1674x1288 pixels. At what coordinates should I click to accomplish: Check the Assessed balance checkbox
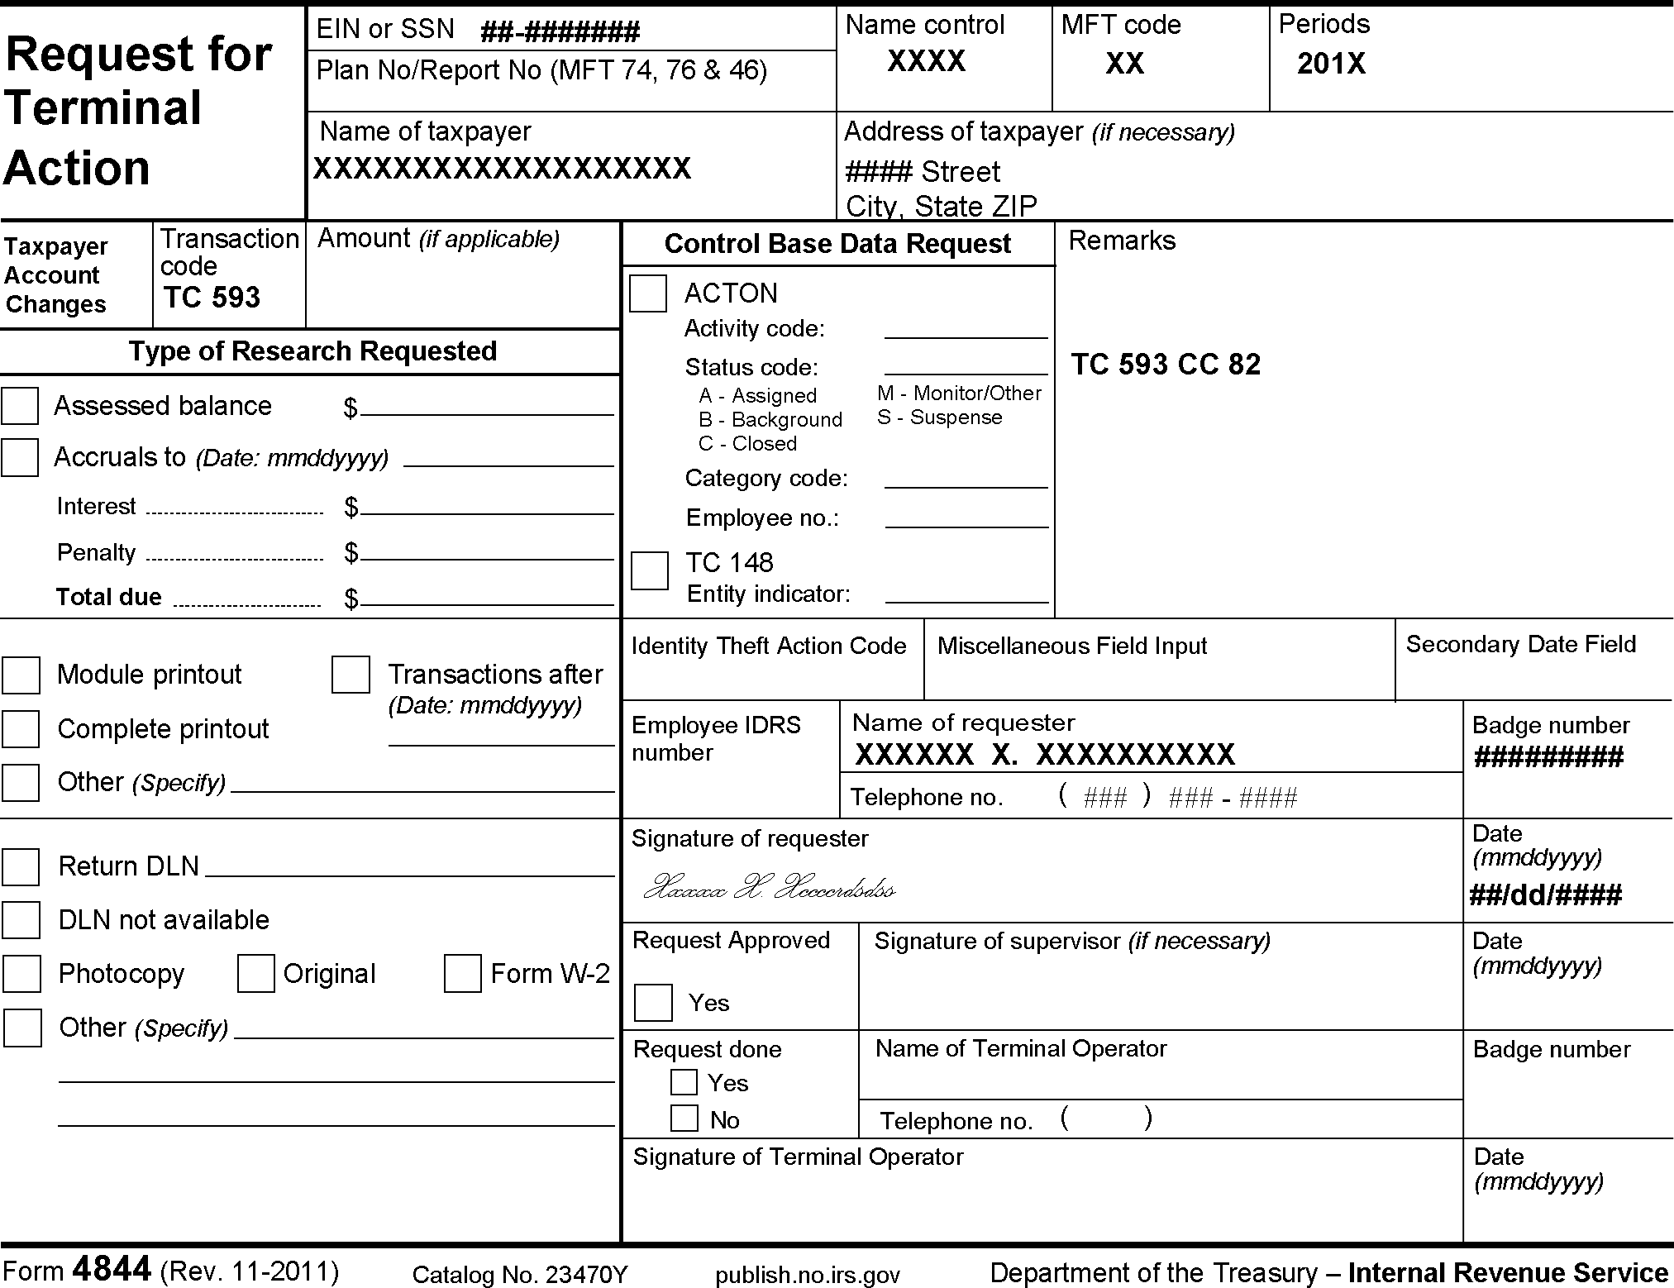point(20,406)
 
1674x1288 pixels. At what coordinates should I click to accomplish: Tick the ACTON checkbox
point(647,293)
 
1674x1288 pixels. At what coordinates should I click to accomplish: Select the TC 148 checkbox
point(649,570)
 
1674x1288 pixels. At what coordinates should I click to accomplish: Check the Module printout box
point(21,675)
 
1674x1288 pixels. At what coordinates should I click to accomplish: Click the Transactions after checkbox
point(351,675)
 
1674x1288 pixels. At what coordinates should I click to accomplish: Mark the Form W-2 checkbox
point(462,973)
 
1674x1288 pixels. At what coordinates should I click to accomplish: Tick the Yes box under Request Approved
point(653,1003)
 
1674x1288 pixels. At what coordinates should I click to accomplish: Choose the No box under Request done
point(684,1119)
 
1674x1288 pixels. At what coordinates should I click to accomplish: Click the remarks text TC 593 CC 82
point(1166,365)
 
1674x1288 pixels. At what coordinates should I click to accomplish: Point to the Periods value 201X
point(1331,64)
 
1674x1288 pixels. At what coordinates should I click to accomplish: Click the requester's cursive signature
point(769,887)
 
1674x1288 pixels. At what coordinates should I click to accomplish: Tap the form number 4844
point(112,1268)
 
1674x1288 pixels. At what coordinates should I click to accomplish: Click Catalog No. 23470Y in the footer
point(520,1275)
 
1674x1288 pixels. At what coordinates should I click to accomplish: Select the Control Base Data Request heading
point(837,244)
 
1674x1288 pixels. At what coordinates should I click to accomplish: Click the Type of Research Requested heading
point(312,351)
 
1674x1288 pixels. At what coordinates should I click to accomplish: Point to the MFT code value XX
point(1124,64)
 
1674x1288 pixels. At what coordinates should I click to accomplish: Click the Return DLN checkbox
point(21,866)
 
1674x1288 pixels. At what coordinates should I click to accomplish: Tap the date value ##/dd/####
point(1545,894)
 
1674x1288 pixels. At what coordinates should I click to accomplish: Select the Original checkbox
point(255,973)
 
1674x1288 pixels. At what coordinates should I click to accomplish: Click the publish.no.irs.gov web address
point(807,1275)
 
